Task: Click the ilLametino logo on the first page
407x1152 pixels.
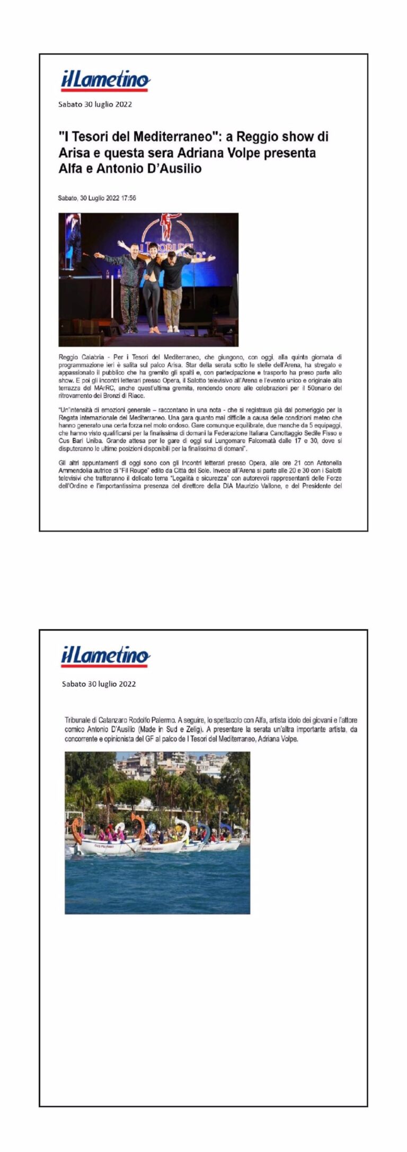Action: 105,81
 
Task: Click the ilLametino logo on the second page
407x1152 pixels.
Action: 105,657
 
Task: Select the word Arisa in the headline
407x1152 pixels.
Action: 74,153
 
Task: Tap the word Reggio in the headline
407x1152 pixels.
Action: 256,137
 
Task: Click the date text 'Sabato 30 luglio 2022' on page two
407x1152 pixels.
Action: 99,684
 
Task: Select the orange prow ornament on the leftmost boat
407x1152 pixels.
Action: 77,829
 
